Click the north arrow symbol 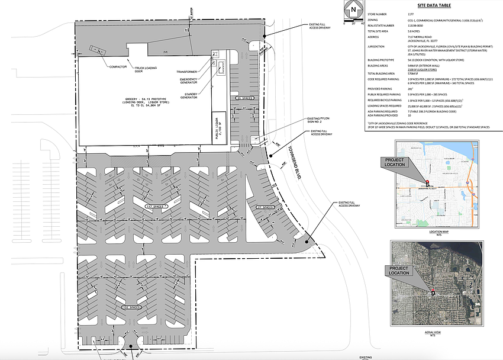click(353, 10)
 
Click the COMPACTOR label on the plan click(118, 67)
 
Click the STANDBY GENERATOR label click(189, 96)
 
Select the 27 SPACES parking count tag click(266, 207)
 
